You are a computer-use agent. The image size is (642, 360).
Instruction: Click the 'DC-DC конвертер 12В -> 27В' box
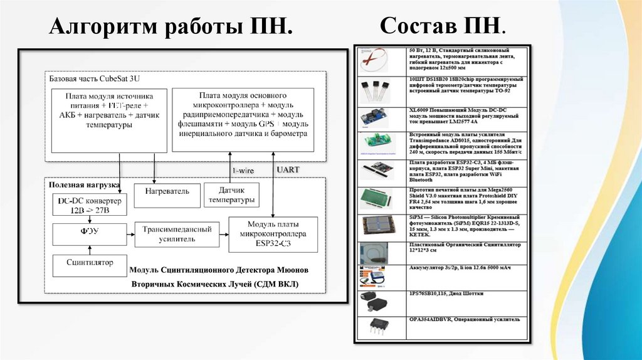(90, 205)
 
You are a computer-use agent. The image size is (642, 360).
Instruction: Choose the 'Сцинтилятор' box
(90, 262)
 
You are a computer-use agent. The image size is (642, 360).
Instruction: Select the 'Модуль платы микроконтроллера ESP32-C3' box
(273, 234)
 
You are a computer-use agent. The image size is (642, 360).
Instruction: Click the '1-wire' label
(243, 170)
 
